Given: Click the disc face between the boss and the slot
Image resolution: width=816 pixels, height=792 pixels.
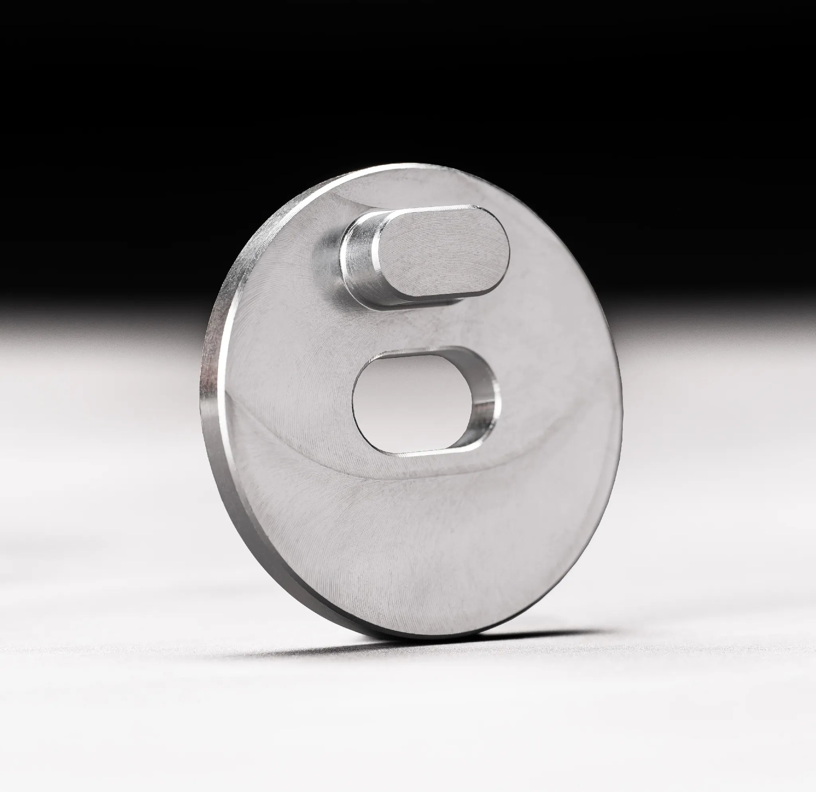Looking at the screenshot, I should pyautogui.click(x=416, y=325).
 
